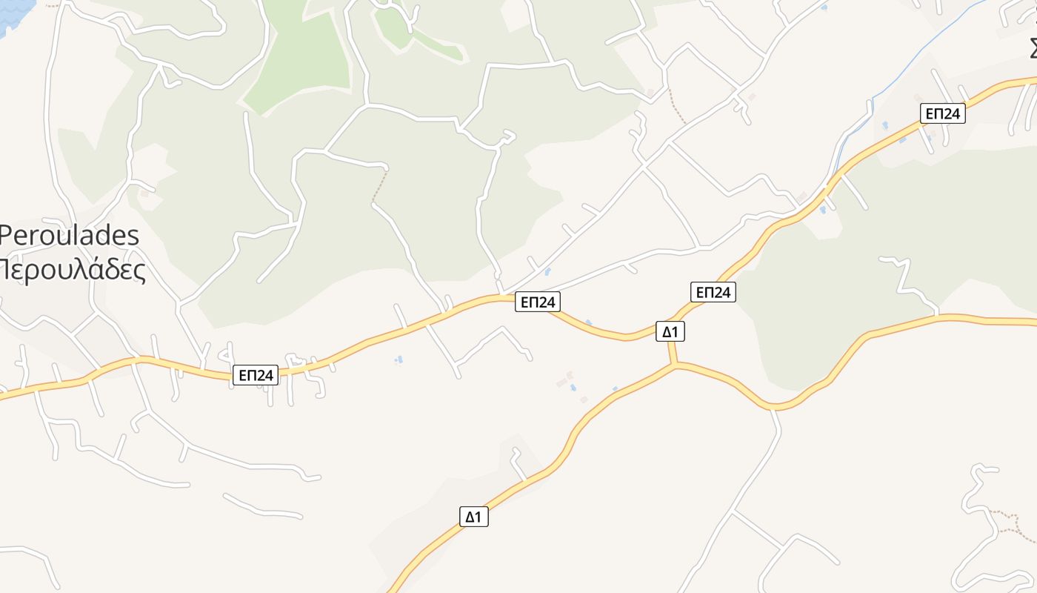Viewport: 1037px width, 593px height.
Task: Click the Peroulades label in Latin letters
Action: pyautogui.click(x=70, y=236)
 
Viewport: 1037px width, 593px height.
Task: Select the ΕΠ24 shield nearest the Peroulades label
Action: pyautogui.click(x=256, y=375)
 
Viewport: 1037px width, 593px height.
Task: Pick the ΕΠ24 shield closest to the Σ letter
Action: pyautogui.click(x=943, y=113)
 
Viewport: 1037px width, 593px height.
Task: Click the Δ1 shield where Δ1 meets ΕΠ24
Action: pyautogui.click(x=670, y=331)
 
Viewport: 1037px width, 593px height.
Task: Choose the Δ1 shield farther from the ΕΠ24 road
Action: pyautogui.click(x=473, y=517)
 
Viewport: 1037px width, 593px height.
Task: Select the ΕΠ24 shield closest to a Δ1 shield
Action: pyautogui.click(x=713, y=292)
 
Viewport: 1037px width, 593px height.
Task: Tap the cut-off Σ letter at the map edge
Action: pyautogui.click(x=1033, y=46)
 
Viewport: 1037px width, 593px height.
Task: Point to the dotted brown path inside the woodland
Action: pyautogui.click(x=379, y=185)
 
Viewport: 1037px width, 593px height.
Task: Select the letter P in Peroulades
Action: pyautogui.click(x=7, y=236)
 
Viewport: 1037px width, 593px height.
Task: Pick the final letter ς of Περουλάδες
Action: pyautogui.click(x=138, y=271)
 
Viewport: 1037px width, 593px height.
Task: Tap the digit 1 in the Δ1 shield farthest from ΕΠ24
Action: pyautogui.click(x=479, y=517)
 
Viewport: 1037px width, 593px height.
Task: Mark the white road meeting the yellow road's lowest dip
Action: pyautogui.click(x=774, y=408)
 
